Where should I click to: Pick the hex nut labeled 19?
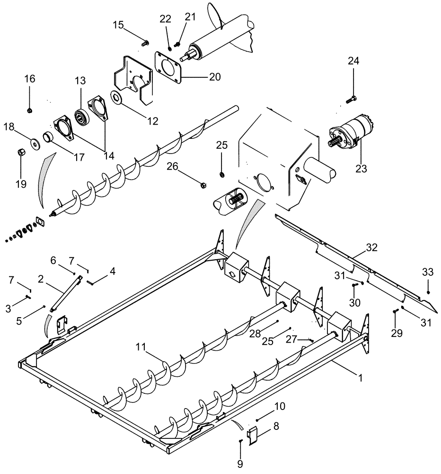click(x=21, y=153)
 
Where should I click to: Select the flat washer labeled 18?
click(x=35, y=143)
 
